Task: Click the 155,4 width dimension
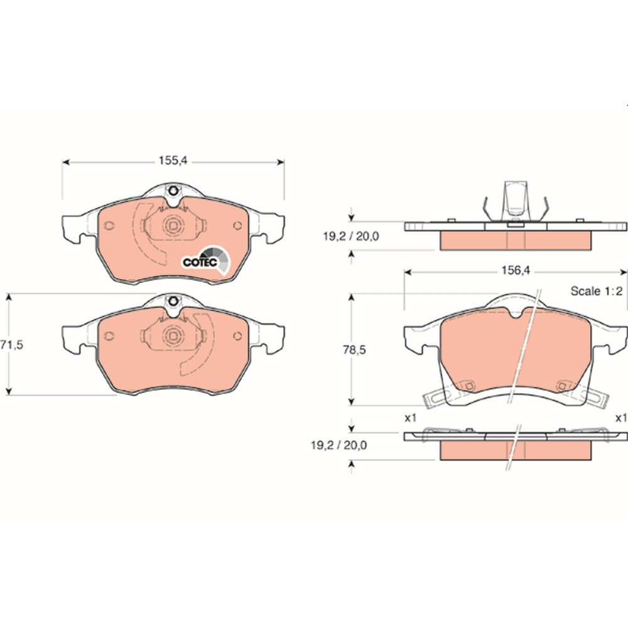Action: click(x=173, y=161)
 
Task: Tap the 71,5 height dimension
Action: click(x=11, y=345)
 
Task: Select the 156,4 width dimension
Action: click(x=516, y=271)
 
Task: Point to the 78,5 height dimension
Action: click(x=354, y=350)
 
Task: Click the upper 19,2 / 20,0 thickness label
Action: click(x=351, y=236)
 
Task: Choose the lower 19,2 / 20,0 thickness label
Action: click(x=339, y=445)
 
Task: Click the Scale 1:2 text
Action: click(x=597, y=291)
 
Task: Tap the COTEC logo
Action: click(x=206, y=260)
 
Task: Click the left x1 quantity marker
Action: click(x=411, y=418)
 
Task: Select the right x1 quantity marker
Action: click(x=621, y=418)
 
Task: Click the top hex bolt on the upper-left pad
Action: click(x=173, y=191)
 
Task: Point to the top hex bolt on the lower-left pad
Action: click(x=173, y=301)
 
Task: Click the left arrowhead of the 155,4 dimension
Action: click(x=66, y=162)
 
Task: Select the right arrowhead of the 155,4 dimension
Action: click(x=280, y=162)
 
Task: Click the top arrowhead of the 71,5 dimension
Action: click(x=9, y=297)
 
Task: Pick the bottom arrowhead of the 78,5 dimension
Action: click(x=351, y=401)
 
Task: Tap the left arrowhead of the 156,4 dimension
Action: click(x=408, y=273)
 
